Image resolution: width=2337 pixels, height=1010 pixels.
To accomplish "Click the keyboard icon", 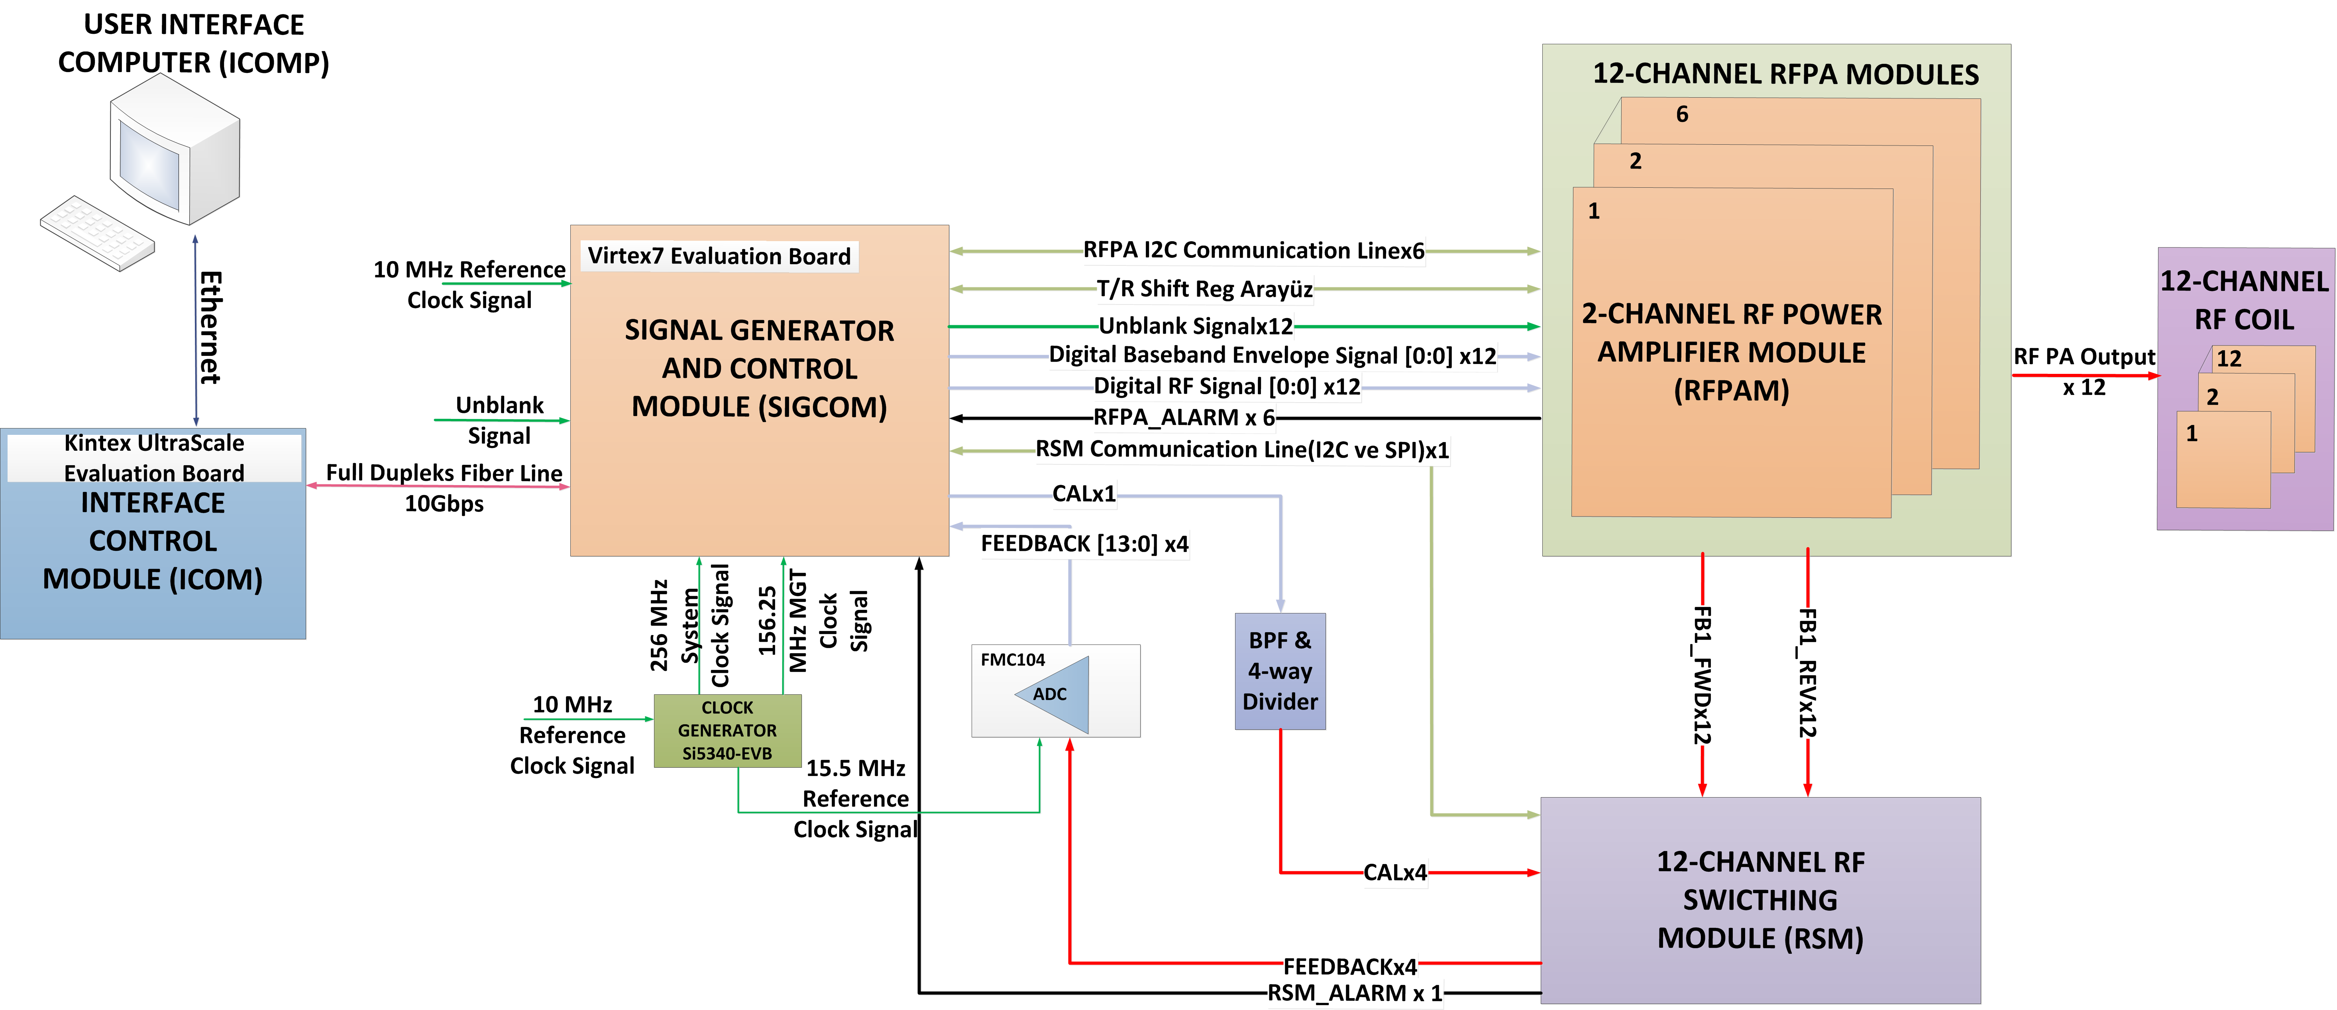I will (97, 232).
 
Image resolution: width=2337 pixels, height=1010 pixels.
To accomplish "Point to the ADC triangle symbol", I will (1054, 694).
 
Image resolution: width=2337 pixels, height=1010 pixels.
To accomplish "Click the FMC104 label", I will (1012, 660).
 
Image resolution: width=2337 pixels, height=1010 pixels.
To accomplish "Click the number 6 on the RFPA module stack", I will (1682, 114).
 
